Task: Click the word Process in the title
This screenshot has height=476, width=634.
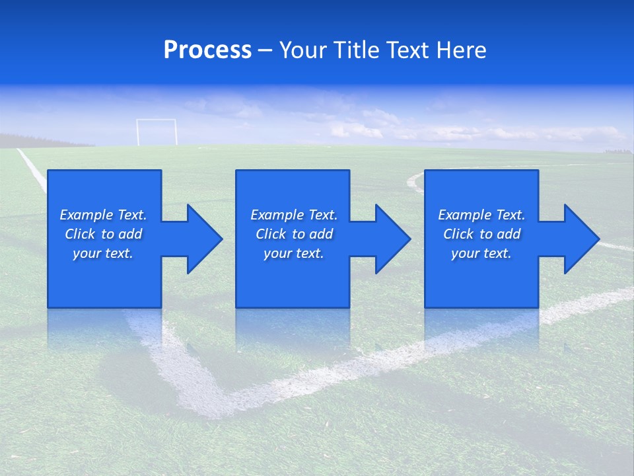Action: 207,50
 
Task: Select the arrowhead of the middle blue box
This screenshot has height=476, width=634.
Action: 392,239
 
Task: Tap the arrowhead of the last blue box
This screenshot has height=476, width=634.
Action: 581,239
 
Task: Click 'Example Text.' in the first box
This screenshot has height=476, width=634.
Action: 103,215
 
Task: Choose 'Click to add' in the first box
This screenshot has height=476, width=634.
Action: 103,234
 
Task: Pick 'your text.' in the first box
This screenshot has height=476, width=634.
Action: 103,253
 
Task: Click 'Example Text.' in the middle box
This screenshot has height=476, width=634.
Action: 294,215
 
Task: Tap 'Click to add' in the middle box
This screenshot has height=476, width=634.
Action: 294,234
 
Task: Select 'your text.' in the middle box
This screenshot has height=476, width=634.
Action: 294,253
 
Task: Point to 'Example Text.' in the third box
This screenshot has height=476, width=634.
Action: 481,215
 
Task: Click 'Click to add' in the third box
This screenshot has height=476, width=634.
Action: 481,234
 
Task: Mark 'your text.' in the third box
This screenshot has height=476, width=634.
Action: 481,253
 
